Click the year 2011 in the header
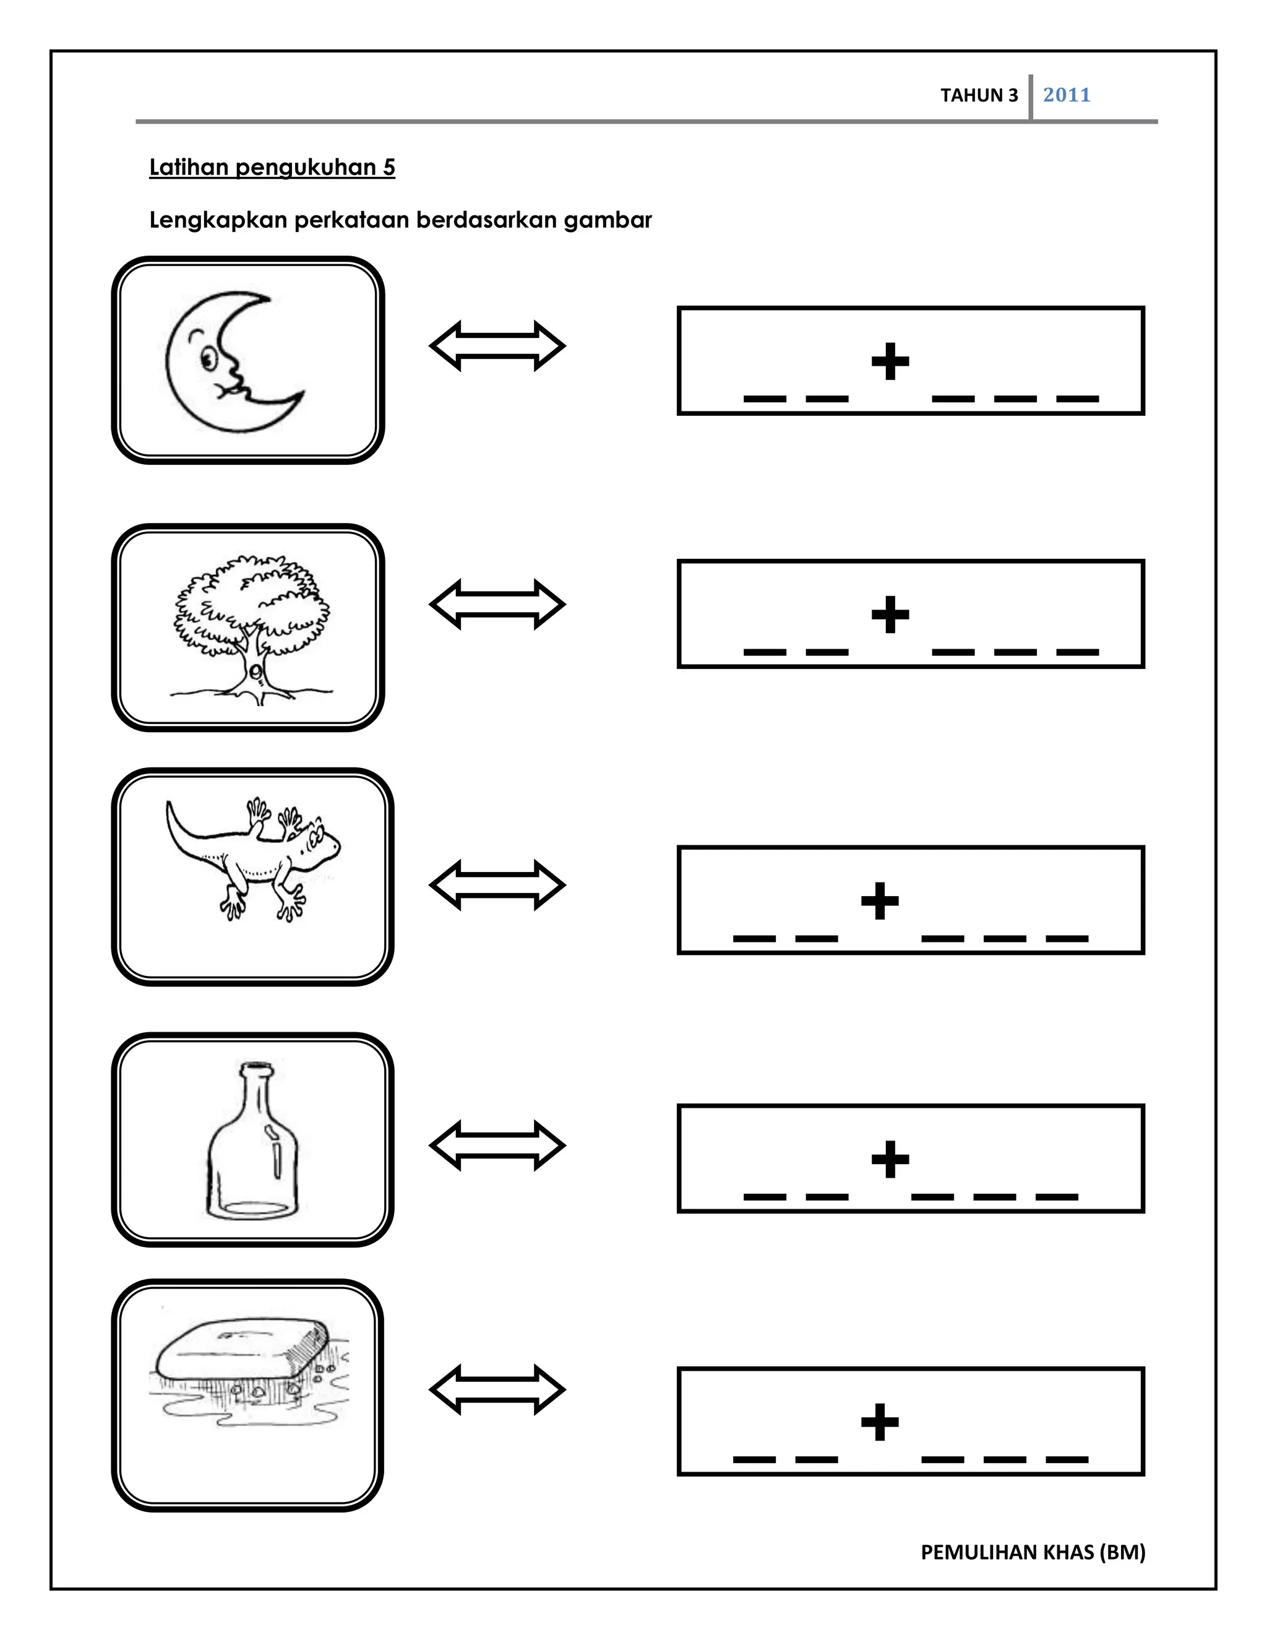coord(1066,95)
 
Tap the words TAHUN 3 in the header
coord(979,95)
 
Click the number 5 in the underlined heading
coord(389,168)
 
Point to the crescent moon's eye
coord(208,360)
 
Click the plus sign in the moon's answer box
coord(890,362)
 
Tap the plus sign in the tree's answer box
coord(890,615)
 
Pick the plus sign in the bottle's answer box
coord(890,1160)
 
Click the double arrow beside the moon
coord(497,346)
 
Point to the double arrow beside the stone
coord(497,1389)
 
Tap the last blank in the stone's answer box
coord(1067,1460)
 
